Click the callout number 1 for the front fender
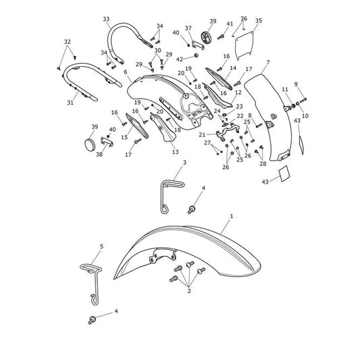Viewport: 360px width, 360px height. [232, 216]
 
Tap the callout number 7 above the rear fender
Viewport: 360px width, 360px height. [268, 62]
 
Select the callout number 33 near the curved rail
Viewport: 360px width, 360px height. [106, 19]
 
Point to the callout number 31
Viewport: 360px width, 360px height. [70, 102]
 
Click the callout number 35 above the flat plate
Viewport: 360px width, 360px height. [259, 20]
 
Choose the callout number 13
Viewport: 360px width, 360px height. [175, 152]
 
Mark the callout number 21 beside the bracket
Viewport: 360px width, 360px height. [202, 134]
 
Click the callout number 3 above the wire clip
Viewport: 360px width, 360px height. [184, 163]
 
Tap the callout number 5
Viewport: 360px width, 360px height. [102, 247]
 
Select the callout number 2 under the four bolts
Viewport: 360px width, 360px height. [189, 291]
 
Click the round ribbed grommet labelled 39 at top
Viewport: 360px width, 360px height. [206, 36]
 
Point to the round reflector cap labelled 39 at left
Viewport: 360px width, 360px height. [90, 145]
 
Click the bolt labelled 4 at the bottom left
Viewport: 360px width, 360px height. [92, 320]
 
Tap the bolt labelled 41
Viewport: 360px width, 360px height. [221, 36]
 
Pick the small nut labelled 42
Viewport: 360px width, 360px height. [197, 55]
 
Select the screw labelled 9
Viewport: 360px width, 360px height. [303, 100]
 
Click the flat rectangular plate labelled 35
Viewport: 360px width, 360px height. [244, 45]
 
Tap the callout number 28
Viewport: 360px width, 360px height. [263, 163]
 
